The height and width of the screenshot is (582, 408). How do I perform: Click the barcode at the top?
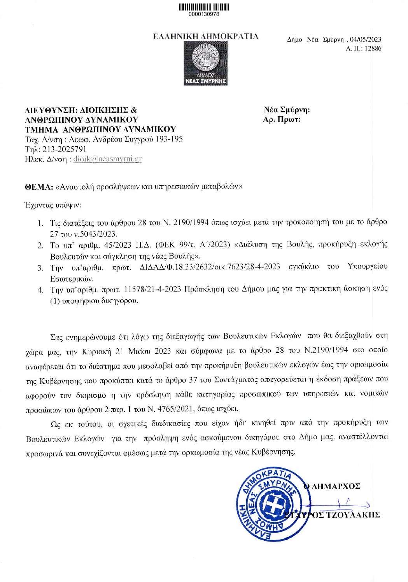[204, 7]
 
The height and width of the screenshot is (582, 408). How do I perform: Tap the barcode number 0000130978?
[204, 14]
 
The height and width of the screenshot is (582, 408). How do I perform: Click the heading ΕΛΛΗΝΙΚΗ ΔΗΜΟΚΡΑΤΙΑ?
[205, 37]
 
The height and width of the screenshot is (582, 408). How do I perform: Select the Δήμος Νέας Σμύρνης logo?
[206, 63]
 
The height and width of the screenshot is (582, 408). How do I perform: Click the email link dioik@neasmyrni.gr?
[107, 159]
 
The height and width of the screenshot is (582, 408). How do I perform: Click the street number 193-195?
[169, 139]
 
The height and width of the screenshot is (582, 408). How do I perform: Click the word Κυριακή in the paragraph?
[97, 351]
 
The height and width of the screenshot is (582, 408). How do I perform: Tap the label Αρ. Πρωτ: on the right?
[282, 120]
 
